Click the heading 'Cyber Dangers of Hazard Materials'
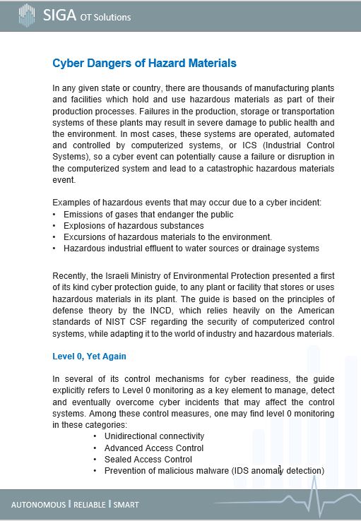(144, 64)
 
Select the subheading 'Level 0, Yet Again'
(89, 357)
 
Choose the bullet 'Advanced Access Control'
(153, 448)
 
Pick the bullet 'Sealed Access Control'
(148, 459)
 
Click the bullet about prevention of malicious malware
(213, 470)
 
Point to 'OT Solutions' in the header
(105, 17)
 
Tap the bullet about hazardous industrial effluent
(191, 248)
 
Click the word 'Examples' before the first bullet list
(71, 203)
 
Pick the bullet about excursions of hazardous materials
(167, 237)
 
